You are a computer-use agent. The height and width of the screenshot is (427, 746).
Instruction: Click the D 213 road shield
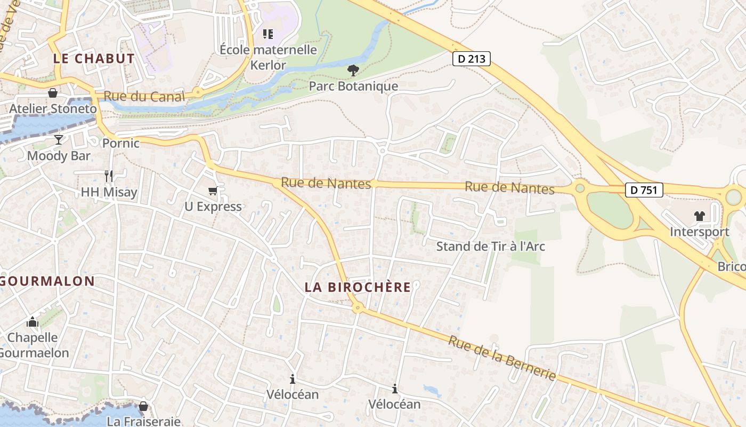click(x=472, y=59)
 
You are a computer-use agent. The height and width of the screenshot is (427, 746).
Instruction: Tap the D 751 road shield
click(x=644, y=190)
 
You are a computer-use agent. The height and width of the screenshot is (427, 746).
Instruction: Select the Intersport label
click(x=699, y=232)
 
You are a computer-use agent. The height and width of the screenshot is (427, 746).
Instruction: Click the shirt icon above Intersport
click(x=699, y=216)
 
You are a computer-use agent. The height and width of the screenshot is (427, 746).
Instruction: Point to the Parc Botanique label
click(x=353, y=86)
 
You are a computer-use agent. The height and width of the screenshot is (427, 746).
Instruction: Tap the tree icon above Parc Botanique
click(x=353, y=70)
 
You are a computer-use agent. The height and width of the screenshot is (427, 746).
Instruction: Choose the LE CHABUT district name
click(x=94, y=59)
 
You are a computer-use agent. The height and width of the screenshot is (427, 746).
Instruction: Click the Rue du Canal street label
click(x=144, y=97)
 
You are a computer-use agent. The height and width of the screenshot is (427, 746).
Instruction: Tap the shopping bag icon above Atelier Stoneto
click(x=53, y=93)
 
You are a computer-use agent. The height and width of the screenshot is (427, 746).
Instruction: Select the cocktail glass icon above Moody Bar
click(x=58, y=140)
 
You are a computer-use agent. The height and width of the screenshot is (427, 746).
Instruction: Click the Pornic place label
click(x=121, y=143)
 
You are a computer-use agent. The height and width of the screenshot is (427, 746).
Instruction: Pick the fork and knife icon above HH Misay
click(x=109, y=176)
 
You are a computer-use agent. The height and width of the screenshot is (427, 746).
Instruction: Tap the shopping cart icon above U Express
click(x=213, y=191)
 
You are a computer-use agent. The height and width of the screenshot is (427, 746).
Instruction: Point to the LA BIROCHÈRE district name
click(x=358, y=287)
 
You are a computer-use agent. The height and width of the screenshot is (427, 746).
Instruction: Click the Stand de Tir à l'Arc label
click(x=490, y=247)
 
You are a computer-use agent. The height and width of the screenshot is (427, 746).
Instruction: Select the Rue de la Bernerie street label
click(x=501, y=358)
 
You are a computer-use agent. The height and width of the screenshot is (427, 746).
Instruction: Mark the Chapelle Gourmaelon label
click(x=33, y=345)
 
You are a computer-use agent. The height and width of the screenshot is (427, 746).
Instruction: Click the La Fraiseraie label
click(x=143, y=421)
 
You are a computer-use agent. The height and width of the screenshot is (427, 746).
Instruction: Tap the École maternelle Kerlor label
click(x=268, y=57)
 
